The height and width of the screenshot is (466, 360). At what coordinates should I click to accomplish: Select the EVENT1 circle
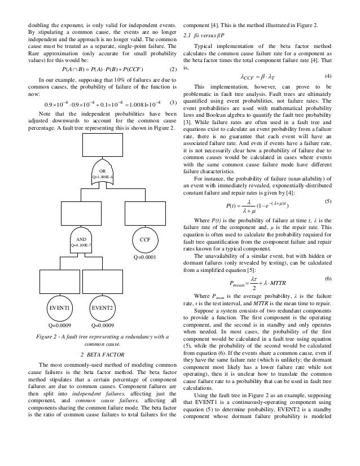pos(59,308)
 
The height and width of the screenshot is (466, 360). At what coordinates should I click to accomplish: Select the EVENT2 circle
pos(103,308)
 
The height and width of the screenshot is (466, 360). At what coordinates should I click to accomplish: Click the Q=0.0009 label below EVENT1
pos(59,326)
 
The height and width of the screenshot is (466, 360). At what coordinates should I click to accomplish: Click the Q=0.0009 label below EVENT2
pos(103,326)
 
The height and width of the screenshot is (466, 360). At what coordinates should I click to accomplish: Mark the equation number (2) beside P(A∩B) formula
pos(173,69)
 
